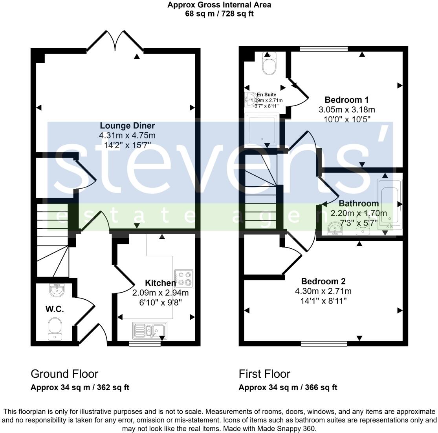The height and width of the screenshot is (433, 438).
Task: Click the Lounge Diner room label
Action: [x=127, y=126]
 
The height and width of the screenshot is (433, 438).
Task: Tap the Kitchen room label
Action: [x=160, y=283]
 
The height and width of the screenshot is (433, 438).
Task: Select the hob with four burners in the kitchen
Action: [x=185, y=278]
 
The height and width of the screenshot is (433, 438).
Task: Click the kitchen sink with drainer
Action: [x=150, y=330]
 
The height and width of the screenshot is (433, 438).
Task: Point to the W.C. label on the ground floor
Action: [x=54, y=309]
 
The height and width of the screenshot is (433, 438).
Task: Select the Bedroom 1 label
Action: [x=346, y=99]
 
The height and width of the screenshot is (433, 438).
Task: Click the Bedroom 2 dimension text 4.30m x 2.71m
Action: [x=323, y=291]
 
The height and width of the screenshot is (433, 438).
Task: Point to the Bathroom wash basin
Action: [x=335, y=228]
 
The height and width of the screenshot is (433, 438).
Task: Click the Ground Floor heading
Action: [x=64, y=374]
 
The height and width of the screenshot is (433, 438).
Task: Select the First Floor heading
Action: [x=264, y=374]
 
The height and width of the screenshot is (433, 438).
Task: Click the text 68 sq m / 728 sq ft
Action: [x=219, y=13]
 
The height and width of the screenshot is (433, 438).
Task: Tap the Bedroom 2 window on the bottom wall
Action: [x=324, y=344]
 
